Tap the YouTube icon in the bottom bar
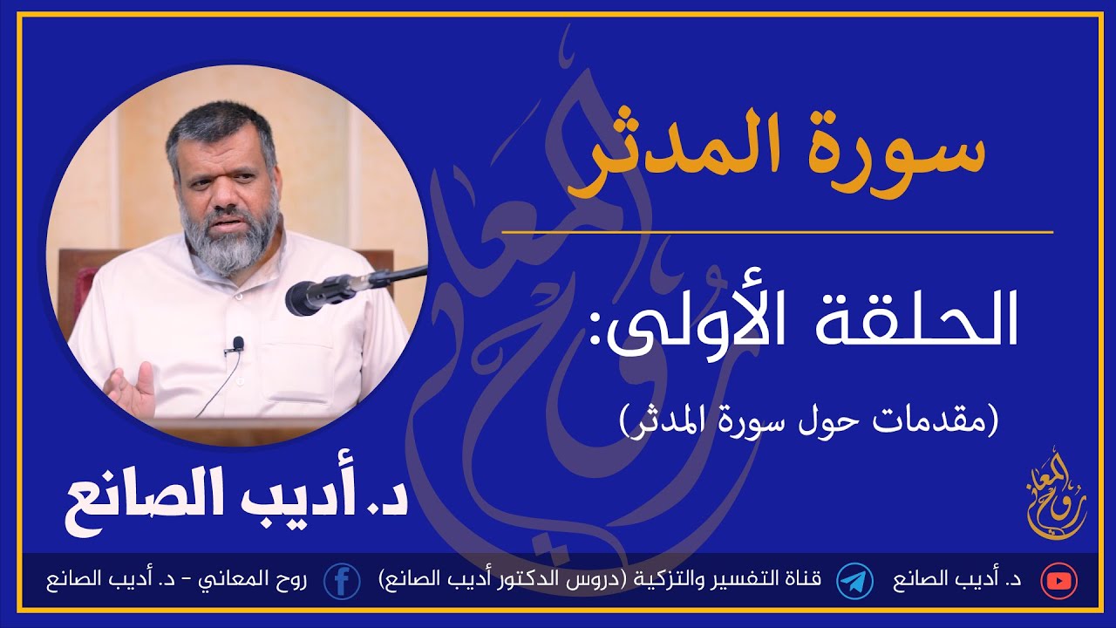coord(1060,581)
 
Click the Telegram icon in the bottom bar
coord(854,581)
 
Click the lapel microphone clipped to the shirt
coord(238,345)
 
